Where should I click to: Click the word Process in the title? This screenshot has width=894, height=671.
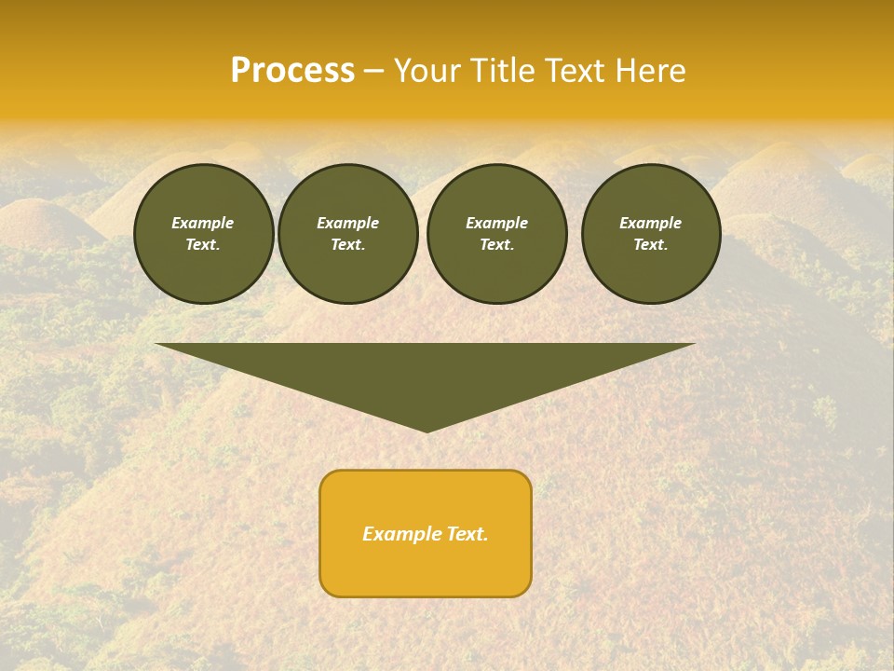tap(292, 71)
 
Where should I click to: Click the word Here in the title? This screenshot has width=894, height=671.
tap(650, 71)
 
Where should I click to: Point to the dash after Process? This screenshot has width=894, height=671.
tap(373, 72)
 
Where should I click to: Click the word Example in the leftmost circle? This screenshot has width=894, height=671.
tap(203, 223)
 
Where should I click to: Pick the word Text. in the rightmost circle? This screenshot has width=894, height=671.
tap(651, 244)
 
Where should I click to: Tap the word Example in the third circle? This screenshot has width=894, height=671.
tap(496, 223)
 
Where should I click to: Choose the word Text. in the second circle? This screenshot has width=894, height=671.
tap(347, 244)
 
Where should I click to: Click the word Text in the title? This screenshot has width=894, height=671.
tap(576, 71)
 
